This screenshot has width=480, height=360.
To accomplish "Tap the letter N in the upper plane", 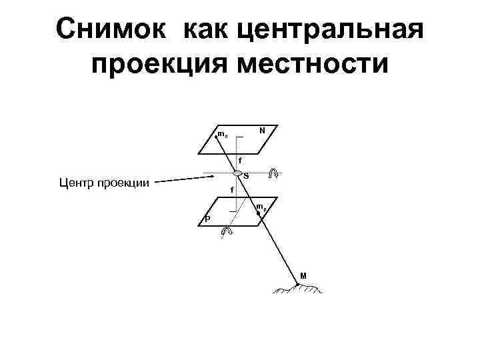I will point(263,131).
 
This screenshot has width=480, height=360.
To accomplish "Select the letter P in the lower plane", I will point(207,219).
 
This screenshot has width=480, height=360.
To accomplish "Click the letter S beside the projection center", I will point(246,176).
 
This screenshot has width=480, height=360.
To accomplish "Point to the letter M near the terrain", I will point(303,275).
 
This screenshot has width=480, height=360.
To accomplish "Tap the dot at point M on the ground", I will point(297,285).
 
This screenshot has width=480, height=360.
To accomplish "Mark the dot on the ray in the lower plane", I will point(258,213).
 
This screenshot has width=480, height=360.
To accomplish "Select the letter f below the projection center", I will point(231,191).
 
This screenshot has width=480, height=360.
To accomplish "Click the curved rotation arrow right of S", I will point(273,174).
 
